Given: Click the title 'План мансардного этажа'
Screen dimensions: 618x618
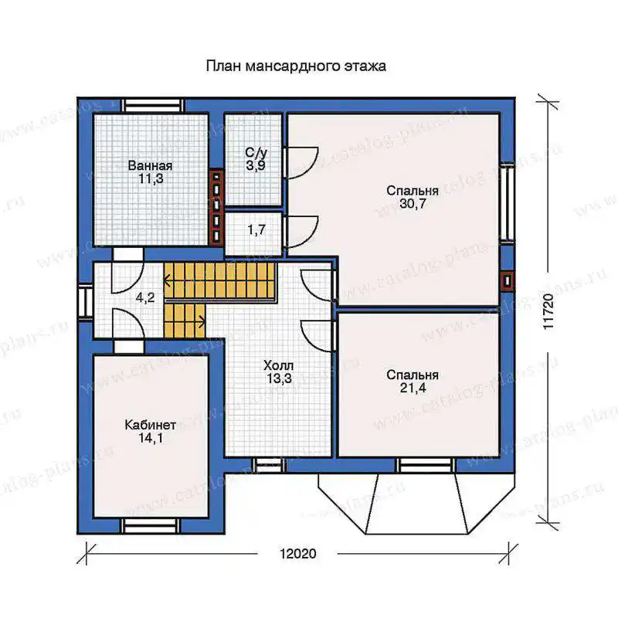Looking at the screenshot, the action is coord(296,66).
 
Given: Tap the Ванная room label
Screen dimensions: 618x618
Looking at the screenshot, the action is coord(150,165).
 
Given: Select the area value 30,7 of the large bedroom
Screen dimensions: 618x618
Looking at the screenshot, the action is coord(413,204).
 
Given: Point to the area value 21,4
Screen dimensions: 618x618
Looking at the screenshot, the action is coord(413,388).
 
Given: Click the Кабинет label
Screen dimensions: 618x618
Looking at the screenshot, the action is coord(150,425).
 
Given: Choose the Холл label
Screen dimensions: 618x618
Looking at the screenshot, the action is coord(279,365).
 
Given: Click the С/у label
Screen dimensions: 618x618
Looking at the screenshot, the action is coord(256,152).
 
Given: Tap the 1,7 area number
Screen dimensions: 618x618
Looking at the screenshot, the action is coord(256,229).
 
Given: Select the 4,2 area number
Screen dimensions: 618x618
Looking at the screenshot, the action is coord(145,297).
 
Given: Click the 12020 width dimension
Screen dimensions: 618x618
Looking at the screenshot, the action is coord(298,554).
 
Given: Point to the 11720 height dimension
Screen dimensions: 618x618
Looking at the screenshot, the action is coord(548,311).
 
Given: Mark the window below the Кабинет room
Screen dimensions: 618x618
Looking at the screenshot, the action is coord(150,526).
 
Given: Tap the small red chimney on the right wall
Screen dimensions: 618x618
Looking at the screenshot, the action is coord(508,281).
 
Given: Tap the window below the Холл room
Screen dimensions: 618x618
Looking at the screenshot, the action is coord(269,466).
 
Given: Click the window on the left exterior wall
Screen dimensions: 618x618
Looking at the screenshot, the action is coord(85,301).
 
